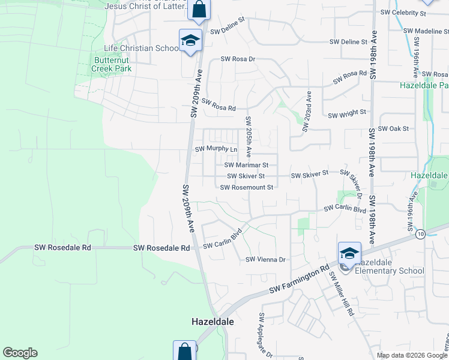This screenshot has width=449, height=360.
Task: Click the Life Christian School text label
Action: [141, 48]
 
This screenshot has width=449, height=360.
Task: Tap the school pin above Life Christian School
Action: [191, 41]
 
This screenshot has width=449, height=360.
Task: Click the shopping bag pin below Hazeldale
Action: [184, 351]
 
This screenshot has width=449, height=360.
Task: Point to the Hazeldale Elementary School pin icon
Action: [349, 254]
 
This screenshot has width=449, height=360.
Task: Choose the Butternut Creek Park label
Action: [112, 64]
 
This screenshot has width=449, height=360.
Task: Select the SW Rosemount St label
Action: [247, 187]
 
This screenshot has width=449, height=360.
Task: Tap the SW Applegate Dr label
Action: [265, 336]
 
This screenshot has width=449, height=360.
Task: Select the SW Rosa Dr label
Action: [238, 59]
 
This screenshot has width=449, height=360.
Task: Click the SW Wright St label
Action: [347, 112]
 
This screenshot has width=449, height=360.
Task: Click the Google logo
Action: [20, 353]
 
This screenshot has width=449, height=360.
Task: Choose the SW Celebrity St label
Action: [403, 13]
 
